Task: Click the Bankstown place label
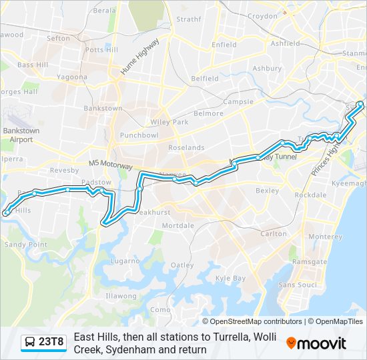click(103, 108)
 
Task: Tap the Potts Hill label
click(101, 50)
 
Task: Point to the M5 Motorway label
click(111, 164)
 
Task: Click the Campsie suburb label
click(238, 102)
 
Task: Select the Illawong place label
click(120, 295)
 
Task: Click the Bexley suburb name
click(267, 191)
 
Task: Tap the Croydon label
click(262, 16)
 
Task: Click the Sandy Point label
click(27, 245)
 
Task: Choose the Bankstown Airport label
click(21, 135)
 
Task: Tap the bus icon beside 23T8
click(30, 343)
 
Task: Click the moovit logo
click(316, 343)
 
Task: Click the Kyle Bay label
click(230, 278)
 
